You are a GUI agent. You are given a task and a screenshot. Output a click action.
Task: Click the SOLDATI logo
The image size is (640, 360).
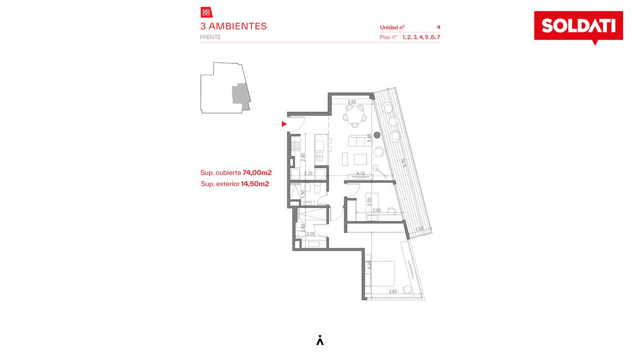578,26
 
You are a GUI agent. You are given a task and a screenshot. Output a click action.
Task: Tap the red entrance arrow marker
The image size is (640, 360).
284,124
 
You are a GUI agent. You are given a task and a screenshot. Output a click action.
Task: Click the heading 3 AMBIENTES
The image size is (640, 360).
234,26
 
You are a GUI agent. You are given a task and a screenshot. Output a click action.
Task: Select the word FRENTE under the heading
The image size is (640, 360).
210,37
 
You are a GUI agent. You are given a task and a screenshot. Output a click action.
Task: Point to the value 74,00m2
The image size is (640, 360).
257,172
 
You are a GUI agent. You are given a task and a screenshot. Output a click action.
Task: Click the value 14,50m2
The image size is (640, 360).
255,184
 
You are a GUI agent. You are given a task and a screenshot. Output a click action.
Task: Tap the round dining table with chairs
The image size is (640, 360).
355,115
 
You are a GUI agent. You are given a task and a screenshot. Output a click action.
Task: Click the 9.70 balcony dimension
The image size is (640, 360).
404,162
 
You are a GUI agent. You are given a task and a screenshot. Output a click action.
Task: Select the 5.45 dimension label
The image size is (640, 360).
369,138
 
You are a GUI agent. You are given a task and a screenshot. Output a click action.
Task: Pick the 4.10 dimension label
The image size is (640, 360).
360,174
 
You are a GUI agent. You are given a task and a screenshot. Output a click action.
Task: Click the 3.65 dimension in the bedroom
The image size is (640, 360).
393,292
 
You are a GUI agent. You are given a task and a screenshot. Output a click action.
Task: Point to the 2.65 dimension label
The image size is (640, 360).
352,102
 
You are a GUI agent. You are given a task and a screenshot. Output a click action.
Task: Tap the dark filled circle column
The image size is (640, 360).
377,135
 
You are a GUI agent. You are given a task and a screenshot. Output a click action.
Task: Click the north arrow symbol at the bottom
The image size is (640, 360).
320,340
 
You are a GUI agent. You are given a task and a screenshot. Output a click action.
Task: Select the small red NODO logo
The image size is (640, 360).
206,12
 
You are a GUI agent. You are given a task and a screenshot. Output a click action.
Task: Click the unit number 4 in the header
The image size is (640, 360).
438,27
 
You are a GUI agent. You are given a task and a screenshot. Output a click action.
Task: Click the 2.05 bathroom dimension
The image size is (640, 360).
311,234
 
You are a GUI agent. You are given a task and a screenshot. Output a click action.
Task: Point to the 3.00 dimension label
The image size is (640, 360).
376,210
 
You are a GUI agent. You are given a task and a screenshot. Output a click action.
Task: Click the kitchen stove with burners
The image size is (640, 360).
296,146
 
